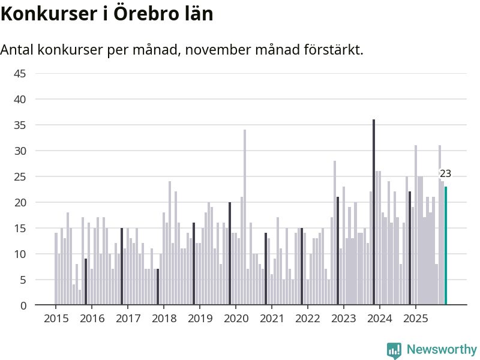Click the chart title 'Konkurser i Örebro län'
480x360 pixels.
[x=107, y=14]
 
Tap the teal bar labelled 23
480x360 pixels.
[x=446, y=245]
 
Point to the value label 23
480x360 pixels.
[x=445, y=174]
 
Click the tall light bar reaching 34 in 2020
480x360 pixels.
[x=245, y=217]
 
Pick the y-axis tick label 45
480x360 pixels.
[x=20, y=74]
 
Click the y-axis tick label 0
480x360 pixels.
[x=23, y=305]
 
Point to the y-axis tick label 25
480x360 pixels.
[x=20, y=177]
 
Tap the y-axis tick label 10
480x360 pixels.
[x=20, y=254]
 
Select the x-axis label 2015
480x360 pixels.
[x=56, y=319]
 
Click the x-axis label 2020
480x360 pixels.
[x=235, y=319]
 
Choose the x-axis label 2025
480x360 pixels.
[x=415, y=319]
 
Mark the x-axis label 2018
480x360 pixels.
[x=163, y=319]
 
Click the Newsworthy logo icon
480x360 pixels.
[x=394, y=350]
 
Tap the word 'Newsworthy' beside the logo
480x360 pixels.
[x=442, y=349]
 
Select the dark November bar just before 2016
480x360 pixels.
[x=86, y=281]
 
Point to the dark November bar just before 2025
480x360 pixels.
[x=410, y=248]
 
